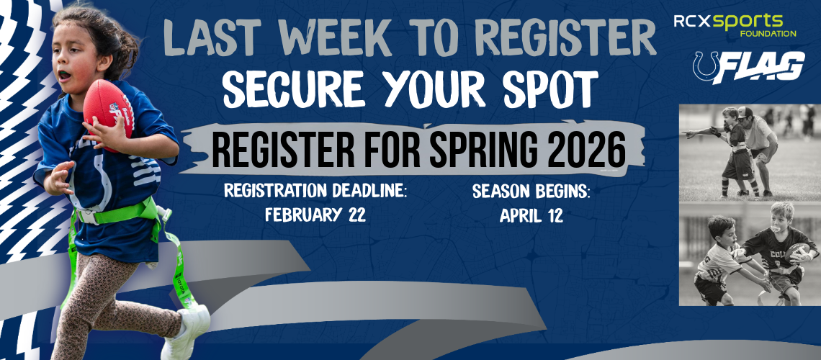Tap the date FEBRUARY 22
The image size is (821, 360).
point(315,215)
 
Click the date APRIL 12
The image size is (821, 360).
point(531,215)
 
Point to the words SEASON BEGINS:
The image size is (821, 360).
point(531,192)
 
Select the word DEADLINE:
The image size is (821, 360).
point(368,192)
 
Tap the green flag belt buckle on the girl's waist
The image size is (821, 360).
point(87,215)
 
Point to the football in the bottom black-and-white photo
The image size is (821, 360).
point(797,251)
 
